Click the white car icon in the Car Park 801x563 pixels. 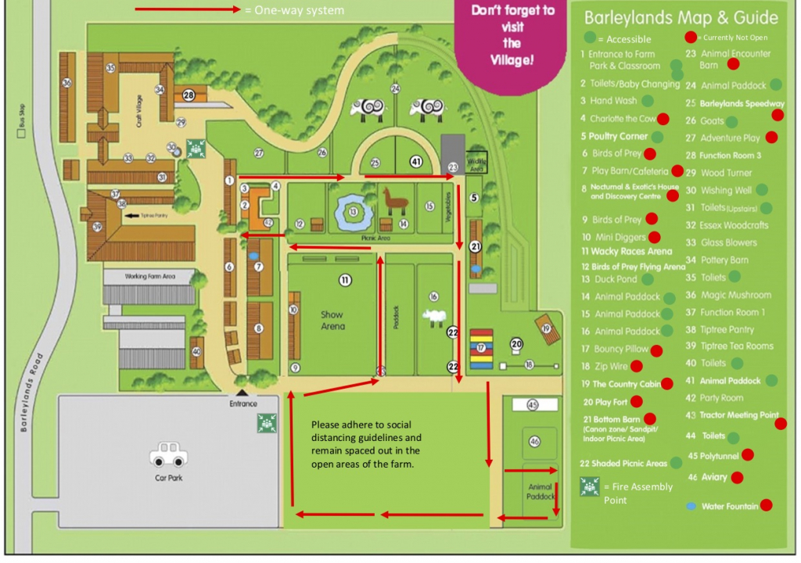tap(166, 453)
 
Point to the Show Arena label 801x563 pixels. tap(332, 320)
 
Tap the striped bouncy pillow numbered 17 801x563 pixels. tap(482, 347)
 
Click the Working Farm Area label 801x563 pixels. tap(149, 277)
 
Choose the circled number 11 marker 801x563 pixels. tap(345, 279)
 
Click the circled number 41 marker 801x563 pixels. tap(416, 163)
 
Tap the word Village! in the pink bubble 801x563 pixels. tap(512, 59)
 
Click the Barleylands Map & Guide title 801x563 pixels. tap(681, 18)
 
